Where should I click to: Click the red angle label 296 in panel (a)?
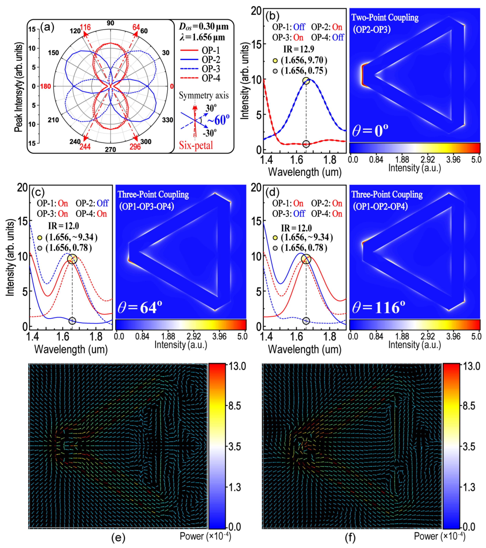(135, 146)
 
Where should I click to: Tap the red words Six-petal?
(196, 145)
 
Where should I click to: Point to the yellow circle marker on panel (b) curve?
(306, 80)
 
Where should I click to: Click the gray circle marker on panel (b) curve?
(306, 144)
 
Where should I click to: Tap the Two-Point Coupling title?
(385, 18)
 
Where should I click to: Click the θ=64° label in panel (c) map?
(140, 307)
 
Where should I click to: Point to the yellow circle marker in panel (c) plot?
(72, 259)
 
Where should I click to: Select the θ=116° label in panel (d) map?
(378, 307)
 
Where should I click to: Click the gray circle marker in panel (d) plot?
(306, 321)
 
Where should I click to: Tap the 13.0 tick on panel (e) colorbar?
(237, 366)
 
